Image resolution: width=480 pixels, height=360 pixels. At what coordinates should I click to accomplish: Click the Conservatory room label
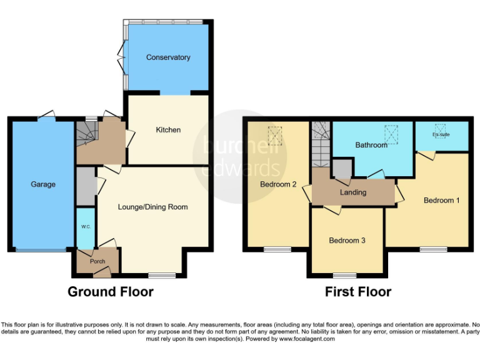coord(167,57)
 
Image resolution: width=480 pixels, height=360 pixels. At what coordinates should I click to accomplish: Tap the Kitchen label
coord(168,130)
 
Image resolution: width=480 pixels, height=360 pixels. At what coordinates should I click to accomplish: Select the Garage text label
coord(43,184)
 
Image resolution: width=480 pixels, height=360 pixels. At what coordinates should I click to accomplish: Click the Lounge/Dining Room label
coord(152,207)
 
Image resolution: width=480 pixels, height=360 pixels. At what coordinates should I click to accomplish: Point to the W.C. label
coord(85,227)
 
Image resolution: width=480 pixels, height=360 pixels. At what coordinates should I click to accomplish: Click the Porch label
coord(97,261)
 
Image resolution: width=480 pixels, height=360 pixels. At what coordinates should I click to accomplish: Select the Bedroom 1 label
coord(441,200)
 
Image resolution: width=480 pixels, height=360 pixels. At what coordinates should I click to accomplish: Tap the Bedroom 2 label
coord(278,184)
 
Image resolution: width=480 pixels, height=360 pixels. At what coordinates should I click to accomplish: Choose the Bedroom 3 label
coord(347,241)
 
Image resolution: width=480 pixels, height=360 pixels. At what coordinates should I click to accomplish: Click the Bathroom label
coord(371,145)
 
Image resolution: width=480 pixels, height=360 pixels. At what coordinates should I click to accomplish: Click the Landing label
coord(352,192)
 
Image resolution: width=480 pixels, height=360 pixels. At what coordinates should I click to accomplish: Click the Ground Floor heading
coord(110,291)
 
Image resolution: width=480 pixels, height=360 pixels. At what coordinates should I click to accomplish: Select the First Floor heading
coord(357,291)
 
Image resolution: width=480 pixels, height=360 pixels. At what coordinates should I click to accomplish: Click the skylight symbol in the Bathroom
coord(391,134)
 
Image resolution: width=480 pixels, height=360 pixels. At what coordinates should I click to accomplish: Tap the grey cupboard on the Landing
coord(342,169)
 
